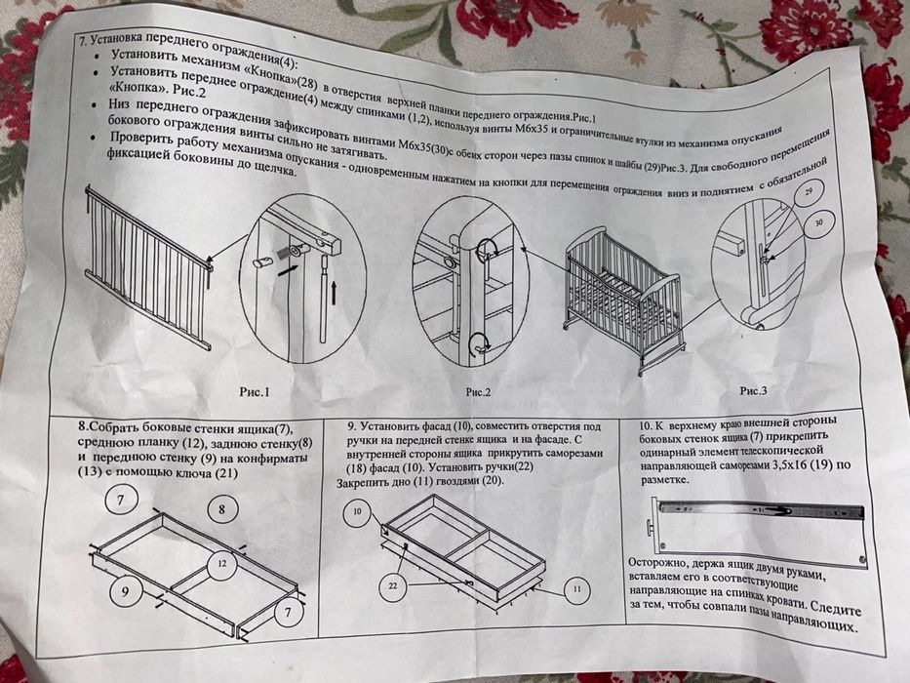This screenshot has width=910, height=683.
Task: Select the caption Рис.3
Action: click(x=753, y=390)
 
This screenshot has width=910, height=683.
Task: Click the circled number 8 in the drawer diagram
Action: click(x=222, y=509)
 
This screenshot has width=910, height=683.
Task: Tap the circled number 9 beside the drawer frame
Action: click(x=125, y=589)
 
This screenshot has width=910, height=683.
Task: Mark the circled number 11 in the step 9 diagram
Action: click(x=575, y=589)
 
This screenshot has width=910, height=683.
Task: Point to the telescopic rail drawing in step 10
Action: click(x=761, y=509)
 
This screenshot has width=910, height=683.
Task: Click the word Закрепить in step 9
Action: click(x=368, y=483)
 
